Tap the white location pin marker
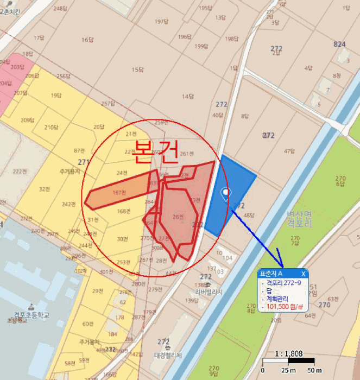tap(226, 193)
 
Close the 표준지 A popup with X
tap(303, 274)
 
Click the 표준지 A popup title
tap(271, 274)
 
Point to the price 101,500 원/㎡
tap(284, 307)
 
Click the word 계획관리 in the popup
tap(277, 299)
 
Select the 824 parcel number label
tap(339, 43)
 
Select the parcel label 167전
tap(119, 193)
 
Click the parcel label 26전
tap(178, 217)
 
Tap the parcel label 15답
tap(138, 69)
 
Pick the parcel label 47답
tap(289, 151)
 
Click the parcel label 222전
tap(20, 172)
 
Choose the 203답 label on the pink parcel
tap(17, 67)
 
